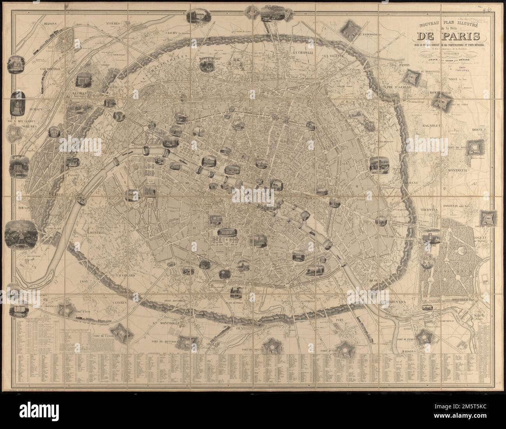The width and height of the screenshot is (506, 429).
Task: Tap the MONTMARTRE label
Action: [210, 59]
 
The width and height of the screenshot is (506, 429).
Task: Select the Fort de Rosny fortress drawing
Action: [475, 147]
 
